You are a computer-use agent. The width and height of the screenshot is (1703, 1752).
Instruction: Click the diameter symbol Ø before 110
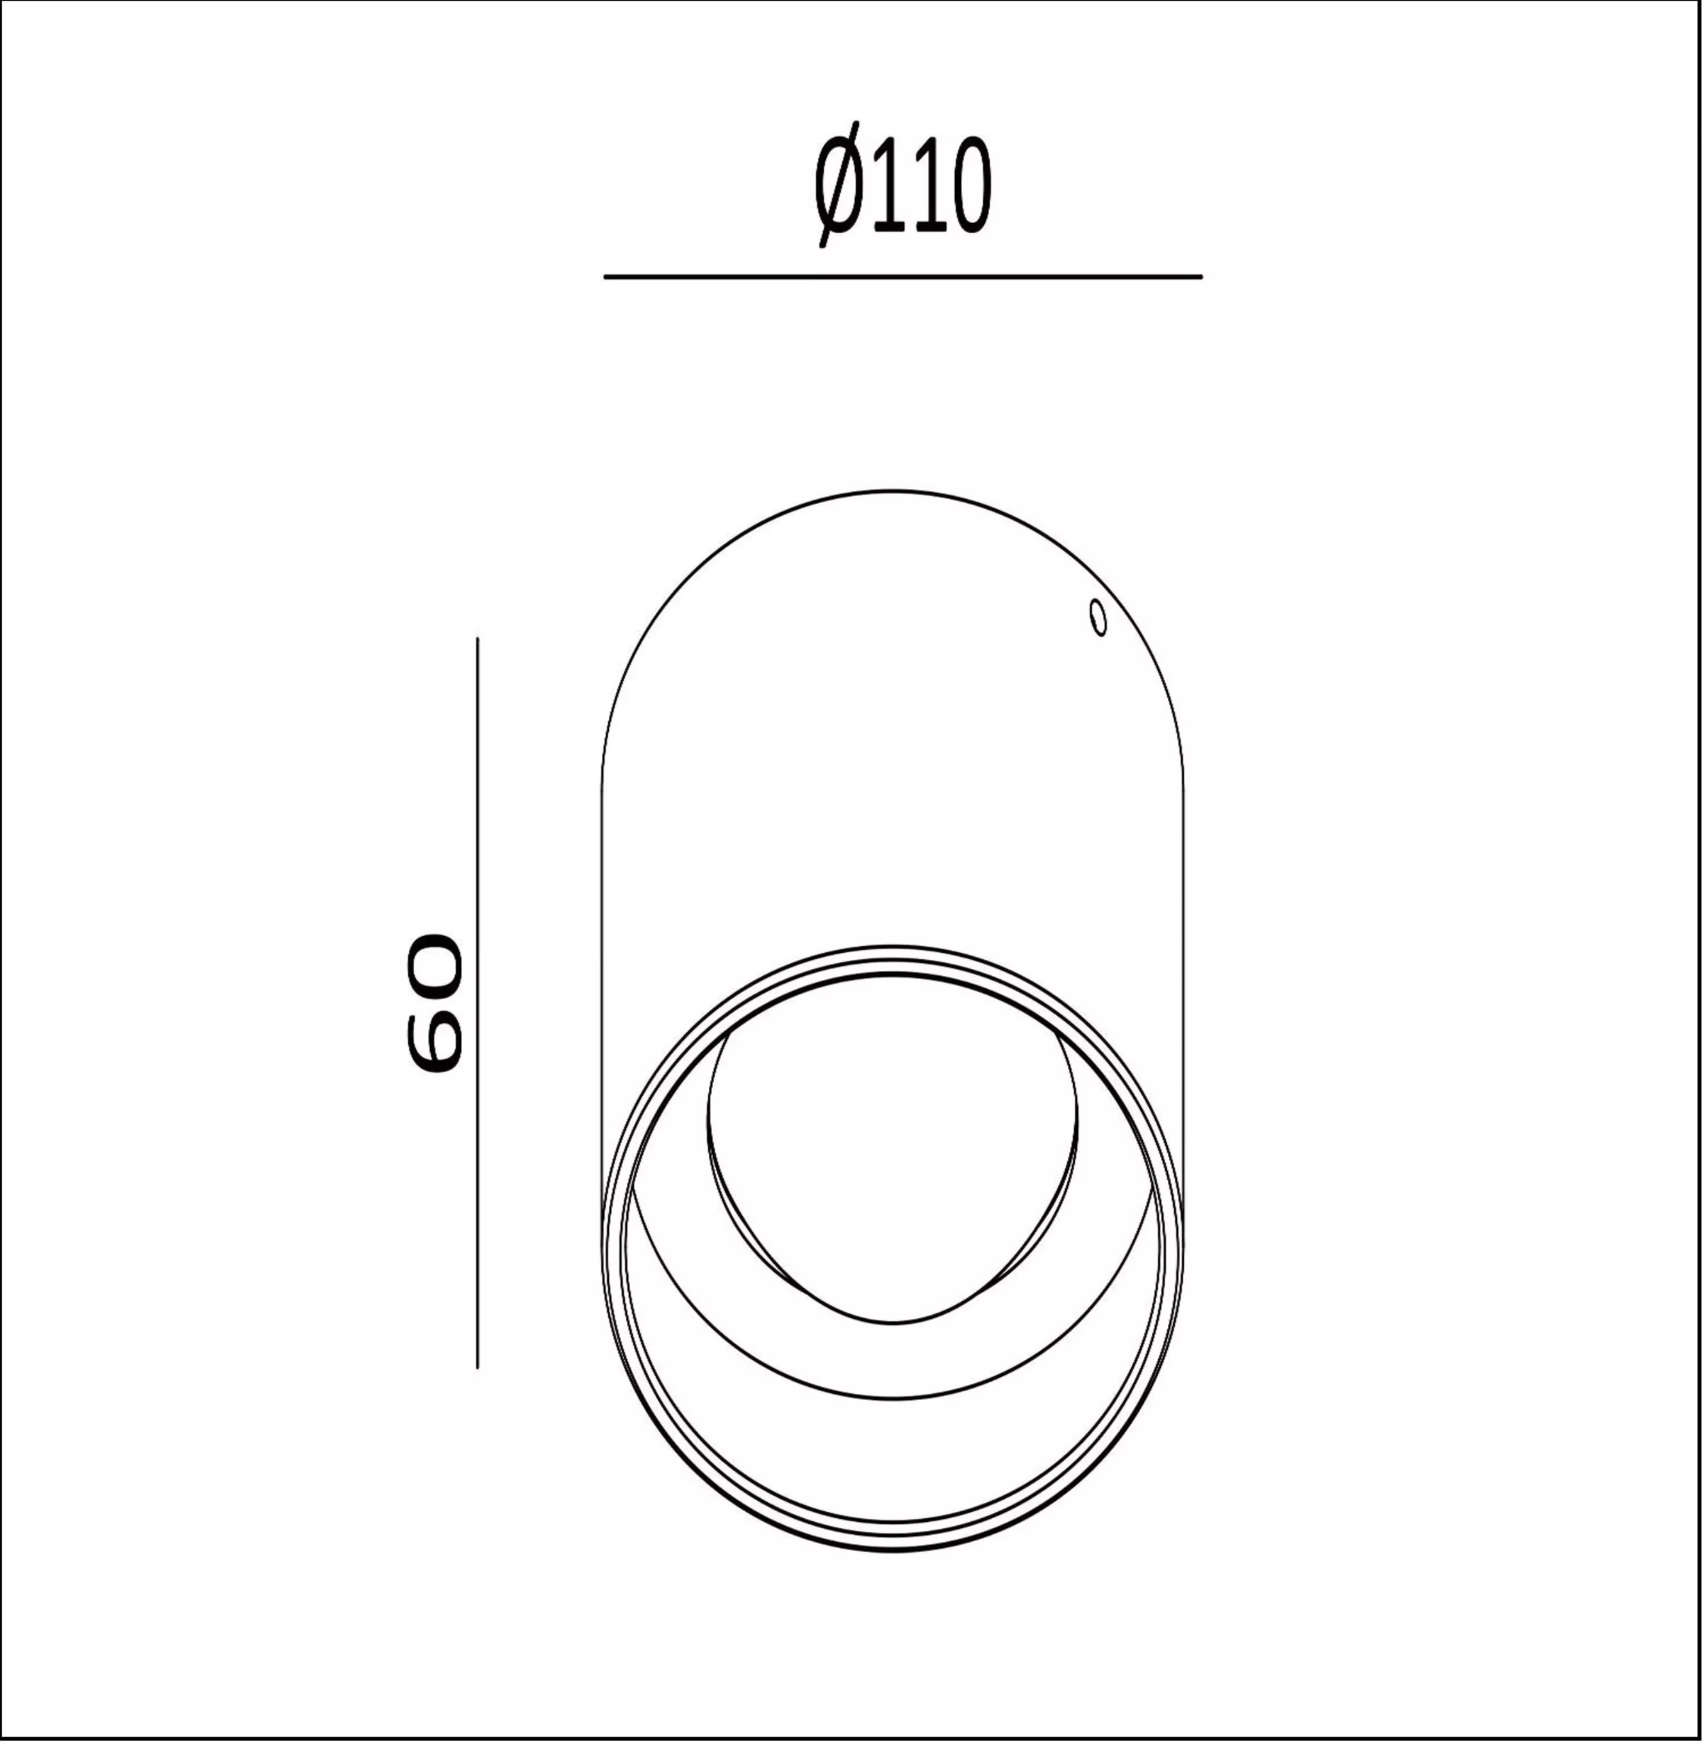pos(838,185)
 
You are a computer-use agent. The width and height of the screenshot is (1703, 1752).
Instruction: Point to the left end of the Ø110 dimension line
pos(606,277)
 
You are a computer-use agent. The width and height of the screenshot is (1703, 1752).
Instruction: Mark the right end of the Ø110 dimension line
pos(1200,277)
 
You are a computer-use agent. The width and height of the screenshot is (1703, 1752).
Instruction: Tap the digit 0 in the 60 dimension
pos(435,964)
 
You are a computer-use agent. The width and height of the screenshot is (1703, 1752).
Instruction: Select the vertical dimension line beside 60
pos(478,1002)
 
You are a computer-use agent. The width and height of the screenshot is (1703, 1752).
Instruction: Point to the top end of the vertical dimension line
pos(478,640)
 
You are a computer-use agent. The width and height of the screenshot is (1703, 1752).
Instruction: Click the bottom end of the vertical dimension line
pos(478,1366)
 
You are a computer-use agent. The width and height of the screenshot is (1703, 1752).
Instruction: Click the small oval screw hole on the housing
pos(1099,618)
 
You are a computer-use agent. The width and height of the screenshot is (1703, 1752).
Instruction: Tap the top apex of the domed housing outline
pos(893,491)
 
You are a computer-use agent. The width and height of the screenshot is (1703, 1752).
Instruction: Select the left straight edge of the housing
pos(601,984)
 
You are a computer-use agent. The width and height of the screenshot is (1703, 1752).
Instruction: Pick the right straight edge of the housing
pos(1183,984)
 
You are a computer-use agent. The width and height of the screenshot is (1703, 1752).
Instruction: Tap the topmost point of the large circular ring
pos(893,947)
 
